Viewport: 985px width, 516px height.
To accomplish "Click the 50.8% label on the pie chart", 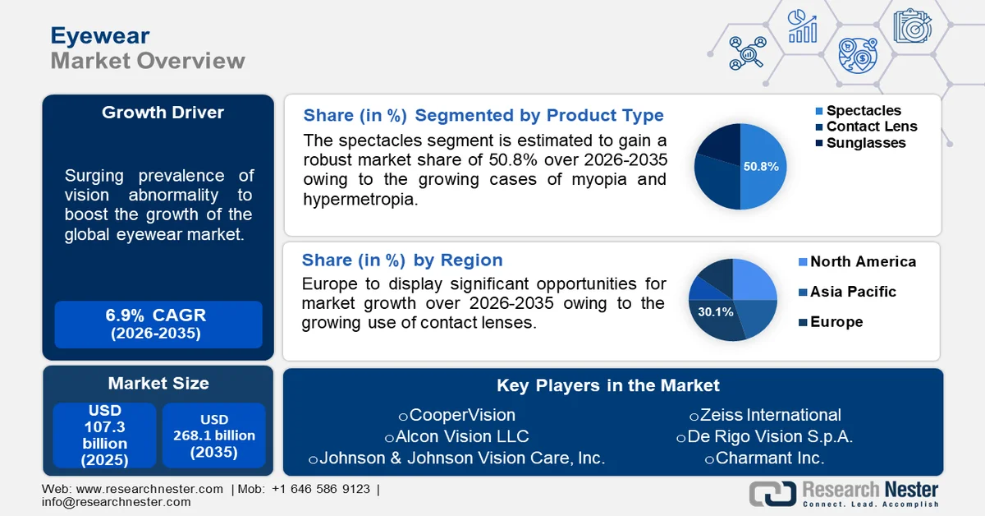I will (x=761, y=167).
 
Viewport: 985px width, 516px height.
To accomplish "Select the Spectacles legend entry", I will (x=863, y=111).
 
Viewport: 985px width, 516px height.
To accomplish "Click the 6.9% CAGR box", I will (x=158, y=324).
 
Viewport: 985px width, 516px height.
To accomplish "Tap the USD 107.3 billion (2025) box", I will (x=104, y=435).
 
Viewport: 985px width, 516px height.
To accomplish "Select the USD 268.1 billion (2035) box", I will (x=213, y=435).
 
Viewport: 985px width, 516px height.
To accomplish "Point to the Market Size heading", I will (x=158, y=383).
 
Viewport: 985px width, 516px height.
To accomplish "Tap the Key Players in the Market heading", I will (x=607, y=385).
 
